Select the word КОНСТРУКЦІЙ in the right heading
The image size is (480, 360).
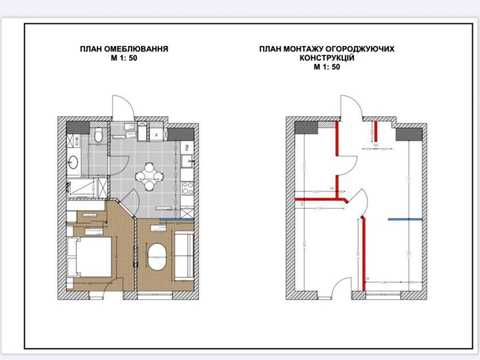pyautogui.click(x=327, y=58)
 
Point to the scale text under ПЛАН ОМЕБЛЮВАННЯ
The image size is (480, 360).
pyautogui.click(x=124, y=58)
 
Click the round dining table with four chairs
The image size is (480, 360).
pyautogui.click(x=149, y=176)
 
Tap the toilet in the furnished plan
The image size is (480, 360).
pyautogui.click(x=98, y=135)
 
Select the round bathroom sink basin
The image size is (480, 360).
pyautogui.click(x=73, y=163)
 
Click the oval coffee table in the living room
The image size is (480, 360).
pyautogui.click(x=157, y=257)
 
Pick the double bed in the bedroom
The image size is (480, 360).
pyautogui.click(x=89, y=257)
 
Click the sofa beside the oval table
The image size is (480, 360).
pyautogui.click(x=184, y=256)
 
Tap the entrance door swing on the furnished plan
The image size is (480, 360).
pyautogui.click(x=123, y=107)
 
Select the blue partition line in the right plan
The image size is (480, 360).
pyautogui.click(x=405, y=219)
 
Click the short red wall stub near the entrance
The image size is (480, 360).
pyautogui.click(x=376, y=131)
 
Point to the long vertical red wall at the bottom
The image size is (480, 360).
pyautogui.click(x=364, y=254)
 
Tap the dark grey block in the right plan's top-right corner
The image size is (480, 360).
pyautogui.click(x=409, y=134)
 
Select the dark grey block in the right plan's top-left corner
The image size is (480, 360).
pyautogui.click(x=306, y=128)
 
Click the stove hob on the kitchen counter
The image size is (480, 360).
pyautogui.click(x=187, y=188)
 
